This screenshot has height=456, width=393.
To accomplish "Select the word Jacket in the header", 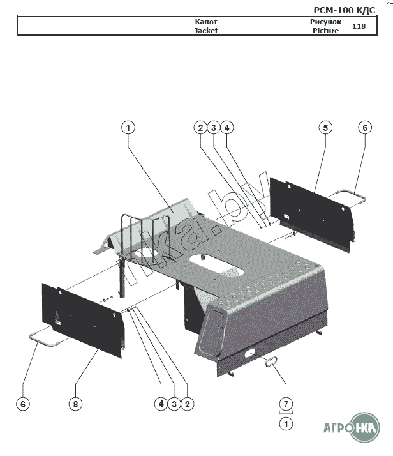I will pos(206,30).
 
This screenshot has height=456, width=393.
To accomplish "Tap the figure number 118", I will pos(359,26).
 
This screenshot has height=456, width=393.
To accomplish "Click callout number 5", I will pos(325,128).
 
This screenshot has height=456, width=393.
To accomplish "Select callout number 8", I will pos(75,404).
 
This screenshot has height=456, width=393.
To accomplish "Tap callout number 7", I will pos(286,404).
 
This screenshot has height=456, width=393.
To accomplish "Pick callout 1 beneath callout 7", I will pos(286,423).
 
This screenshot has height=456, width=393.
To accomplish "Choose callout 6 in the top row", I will pos(365,128).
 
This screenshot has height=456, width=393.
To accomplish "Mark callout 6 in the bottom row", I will pos(22,404).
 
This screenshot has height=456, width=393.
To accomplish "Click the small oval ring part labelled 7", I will pos(272,362).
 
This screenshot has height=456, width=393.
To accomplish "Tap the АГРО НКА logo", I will pos(347,427).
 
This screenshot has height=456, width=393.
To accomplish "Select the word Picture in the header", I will pos(325,30).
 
